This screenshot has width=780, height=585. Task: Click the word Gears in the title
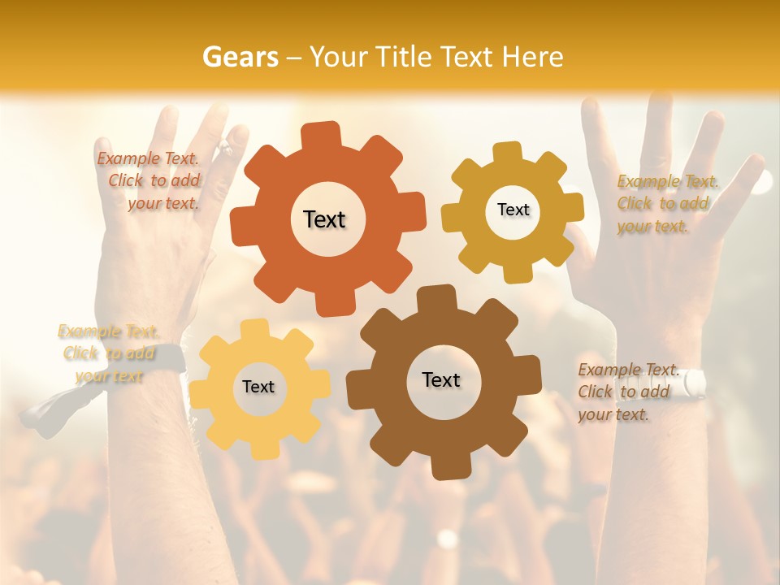240,57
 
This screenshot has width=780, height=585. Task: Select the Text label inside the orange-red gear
324,219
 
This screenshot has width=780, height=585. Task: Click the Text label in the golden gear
513,210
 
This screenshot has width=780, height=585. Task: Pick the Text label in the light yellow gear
258,388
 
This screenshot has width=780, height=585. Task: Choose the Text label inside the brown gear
441,380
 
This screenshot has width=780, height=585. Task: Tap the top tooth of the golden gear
509,152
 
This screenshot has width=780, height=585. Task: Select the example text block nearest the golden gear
667,204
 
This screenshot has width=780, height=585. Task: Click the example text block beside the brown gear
628,392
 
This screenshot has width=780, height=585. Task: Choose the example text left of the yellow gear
108,353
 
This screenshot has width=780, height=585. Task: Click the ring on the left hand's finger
224,147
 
